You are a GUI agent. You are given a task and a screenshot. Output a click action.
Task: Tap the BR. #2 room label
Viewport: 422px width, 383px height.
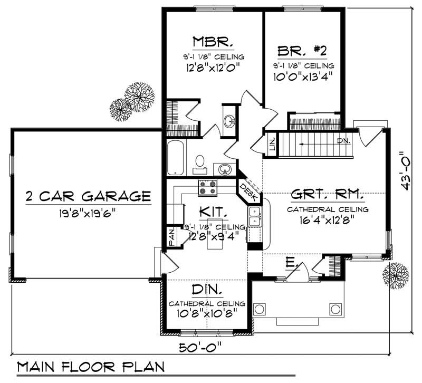[302, 51]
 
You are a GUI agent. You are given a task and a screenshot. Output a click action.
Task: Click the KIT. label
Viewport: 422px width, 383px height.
[213, 212]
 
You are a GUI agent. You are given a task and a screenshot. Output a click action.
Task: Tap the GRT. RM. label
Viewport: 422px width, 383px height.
[327, 195]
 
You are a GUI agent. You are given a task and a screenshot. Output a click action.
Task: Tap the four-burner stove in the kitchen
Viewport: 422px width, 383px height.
[208, 187]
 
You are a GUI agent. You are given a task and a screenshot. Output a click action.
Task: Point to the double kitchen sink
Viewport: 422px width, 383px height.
[254, 216]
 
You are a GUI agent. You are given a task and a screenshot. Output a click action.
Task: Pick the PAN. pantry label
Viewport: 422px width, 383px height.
[172, 236]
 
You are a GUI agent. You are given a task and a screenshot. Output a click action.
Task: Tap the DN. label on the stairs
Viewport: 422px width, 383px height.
[343, 141]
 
